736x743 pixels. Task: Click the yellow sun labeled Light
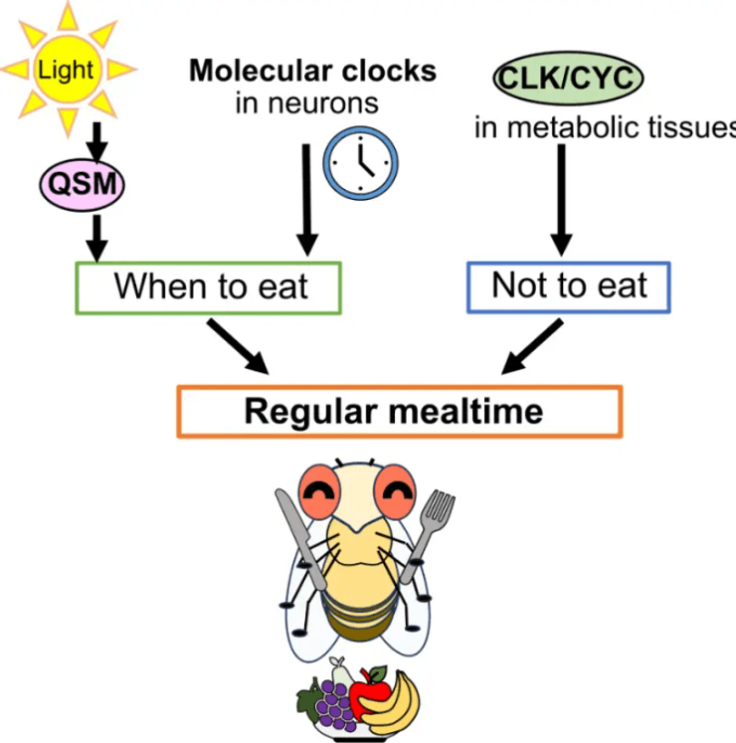[x=68, y=69]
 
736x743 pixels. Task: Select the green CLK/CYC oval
[x=567, y=78]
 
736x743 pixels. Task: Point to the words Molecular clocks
[x=312, y=71]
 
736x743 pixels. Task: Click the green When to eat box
[x=210, y=286]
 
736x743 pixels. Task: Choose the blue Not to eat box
[x=568, y=286]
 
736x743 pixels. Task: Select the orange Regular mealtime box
[x=399, y=411]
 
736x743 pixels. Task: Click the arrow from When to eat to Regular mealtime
[x=241, y=349]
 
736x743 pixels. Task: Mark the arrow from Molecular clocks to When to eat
[x=307, y=199]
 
